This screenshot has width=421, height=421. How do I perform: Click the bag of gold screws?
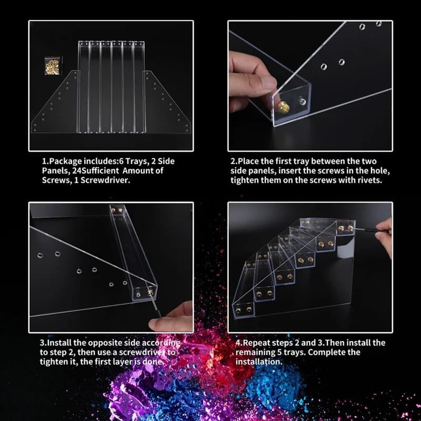(x=52, y=66)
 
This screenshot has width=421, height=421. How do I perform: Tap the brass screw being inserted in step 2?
(x=283, y=107)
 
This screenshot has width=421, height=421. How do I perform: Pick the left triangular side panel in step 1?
(x=56, y=107)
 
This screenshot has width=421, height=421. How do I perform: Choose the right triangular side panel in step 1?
(x=166, y=107)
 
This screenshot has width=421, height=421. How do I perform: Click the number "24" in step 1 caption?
(x=77, y=171)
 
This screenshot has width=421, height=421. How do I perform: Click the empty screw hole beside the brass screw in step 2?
(x=302, y=101)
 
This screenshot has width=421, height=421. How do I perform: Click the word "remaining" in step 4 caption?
(x=255, y=352)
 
